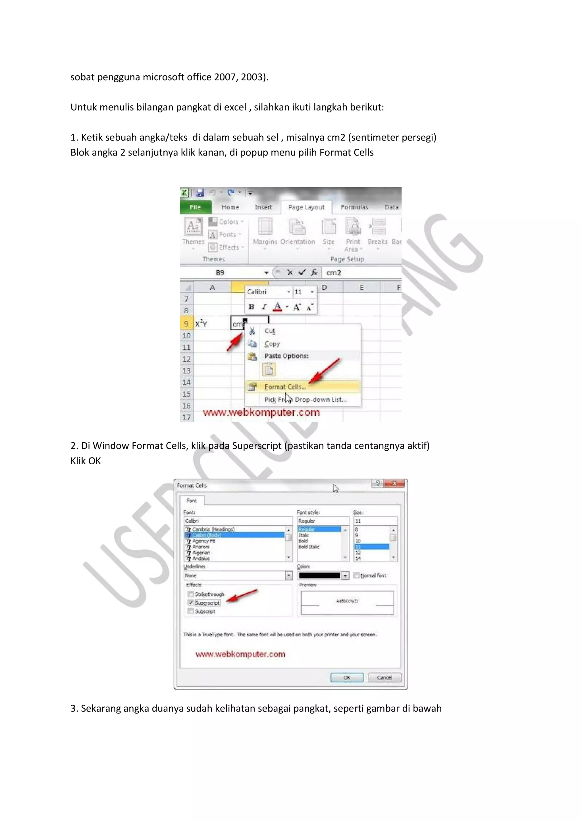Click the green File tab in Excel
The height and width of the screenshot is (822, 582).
(195, 207)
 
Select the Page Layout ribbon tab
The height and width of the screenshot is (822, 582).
(306, 207)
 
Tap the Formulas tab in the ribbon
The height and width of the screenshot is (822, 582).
(354, 207)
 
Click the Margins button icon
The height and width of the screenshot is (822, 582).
(265, 227)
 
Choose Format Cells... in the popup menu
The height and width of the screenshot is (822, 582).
(285, 387)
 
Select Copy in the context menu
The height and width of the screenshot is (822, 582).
(272, 344)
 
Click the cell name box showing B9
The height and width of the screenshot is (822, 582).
(220, 273)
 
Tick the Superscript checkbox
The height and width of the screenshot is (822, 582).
(191, 603)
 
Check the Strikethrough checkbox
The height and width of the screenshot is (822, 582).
(191, 594)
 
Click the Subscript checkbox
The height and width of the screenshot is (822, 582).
(191, 611)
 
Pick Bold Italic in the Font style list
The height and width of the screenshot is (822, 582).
(309, 547)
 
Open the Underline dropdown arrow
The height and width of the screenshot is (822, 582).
(289, 576)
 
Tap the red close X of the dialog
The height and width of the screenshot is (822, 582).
(394, 484)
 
